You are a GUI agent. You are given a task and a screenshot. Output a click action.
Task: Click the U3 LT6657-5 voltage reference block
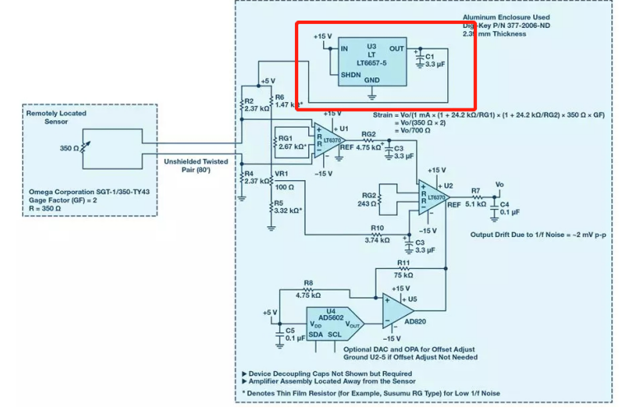click(372, 63)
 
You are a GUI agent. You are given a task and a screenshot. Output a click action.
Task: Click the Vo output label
click(499, 184)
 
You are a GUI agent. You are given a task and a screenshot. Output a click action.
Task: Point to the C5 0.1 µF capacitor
click(279, 332)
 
